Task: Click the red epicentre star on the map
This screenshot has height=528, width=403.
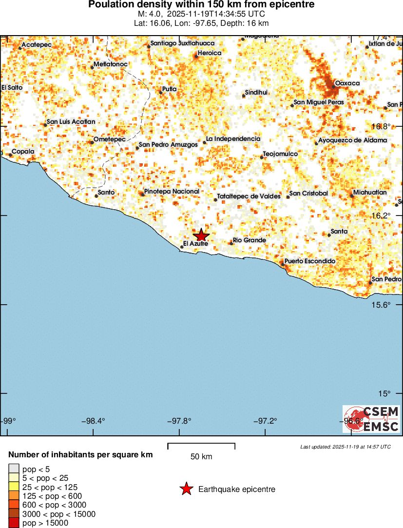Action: click(x=201, y=235)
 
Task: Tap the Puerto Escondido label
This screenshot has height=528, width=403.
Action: click(x=310, y=261)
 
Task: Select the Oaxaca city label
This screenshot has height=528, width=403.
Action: click(x=347, y=83)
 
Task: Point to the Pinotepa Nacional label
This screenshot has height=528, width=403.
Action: click(x=172, y=192)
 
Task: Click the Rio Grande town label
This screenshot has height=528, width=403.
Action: click(x=249, y=240)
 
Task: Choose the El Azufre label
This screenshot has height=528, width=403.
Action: click(x=195, y=243)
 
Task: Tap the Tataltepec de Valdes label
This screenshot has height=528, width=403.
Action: click(x=249, y=196)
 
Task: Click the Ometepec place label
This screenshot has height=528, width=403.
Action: click(x=109, y=139)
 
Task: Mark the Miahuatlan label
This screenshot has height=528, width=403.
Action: click(x=370, y=193)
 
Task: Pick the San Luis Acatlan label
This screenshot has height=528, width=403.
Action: click(x=71, y=122)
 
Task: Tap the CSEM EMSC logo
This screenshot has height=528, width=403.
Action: click(x=371, y=419)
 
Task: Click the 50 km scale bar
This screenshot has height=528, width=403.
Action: click(x=201, y=446)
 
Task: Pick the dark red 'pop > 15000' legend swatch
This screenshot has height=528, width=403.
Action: click(x=14, y=523)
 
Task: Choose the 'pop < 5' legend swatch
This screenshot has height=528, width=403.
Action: click(x=14, y=469)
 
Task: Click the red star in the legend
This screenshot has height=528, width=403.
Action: click(x=186, y=489)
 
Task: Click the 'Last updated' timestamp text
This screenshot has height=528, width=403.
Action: click(x=345, y=447)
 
